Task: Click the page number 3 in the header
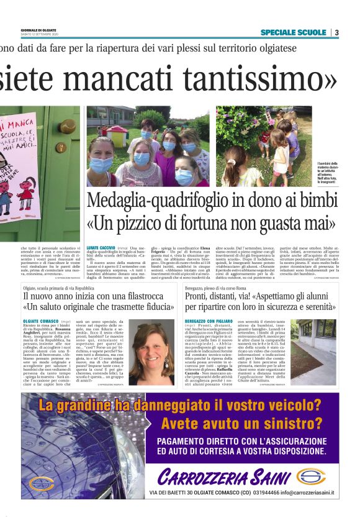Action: [x=336, y=32]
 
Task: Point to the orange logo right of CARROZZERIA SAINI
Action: [x=310, y=476]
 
